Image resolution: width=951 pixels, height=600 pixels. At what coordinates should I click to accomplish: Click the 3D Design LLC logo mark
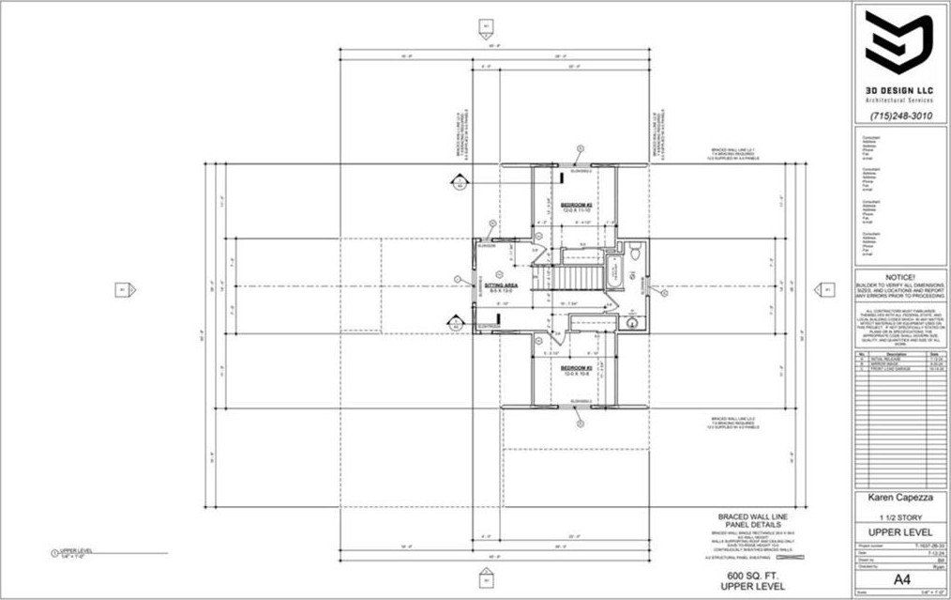coord(898,44)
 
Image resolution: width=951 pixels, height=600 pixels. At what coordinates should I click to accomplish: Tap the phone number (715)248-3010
coord(898,115)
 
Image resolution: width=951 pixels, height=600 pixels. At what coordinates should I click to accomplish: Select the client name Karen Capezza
coord(898,499)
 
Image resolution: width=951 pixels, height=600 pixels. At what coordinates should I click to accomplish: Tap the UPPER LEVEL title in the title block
coord(898,534)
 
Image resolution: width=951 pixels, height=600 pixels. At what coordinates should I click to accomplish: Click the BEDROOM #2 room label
coord(575,204)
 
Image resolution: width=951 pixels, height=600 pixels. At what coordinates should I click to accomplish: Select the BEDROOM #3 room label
coord(575,368)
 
